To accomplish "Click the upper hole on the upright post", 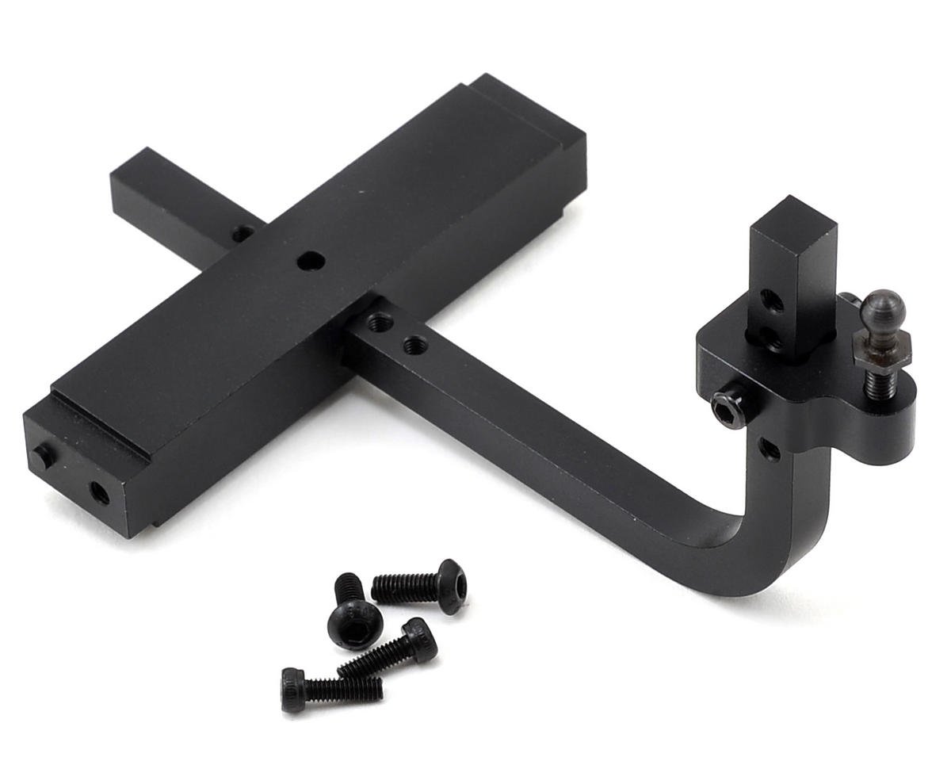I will tap(771, 300).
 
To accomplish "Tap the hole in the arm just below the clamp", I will tap(767, 449).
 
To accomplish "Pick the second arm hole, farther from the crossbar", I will tap(413, 345).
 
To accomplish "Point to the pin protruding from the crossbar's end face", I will tap(41, 456).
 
